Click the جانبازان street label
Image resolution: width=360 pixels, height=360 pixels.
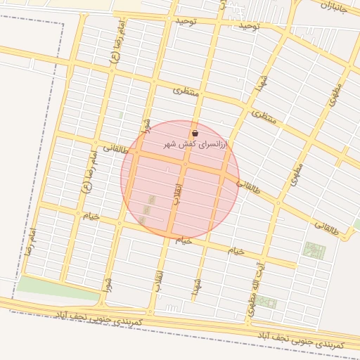pyautogui.click(x=335, y=9)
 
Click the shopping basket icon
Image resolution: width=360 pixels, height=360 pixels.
pyautogui.click(x=195, y=134)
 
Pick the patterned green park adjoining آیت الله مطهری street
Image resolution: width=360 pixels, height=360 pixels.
pyautogui.click(x=314, y=250)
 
